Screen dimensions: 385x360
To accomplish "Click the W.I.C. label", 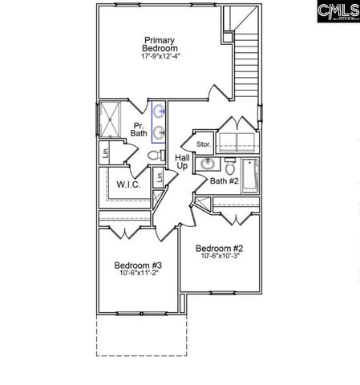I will click(x=128, y=184).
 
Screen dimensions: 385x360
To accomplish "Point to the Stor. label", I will click(x=204, y=144).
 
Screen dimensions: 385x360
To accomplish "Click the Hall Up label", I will click(x=182, y=161).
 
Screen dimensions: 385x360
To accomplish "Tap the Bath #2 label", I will click(x=224, y=181).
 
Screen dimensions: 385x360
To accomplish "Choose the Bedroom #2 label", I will click(x=220, y=249).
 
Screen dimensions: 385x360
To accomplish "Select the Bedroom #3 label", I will click(x=138, y=265).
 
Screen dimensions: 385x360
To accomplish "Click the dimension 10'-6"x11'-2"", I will click(x=138, y=276).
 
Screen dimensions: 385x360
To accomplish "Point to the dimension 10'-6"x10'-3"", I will click(x=220, y=258).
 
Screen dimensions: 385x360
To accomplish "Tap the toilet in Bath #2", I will click(x=231, y=167).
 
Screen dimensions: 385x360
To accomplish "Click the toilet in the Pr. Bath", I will click(x=161, y=154).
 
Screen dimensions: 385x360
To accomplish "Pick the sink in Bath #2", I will click(x=208, y=164).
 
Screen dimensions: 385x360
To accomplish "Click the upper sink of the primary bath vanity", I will click(x=158, y=111).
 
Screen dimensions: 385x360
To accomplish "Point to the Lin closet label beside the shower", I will click(x=106, y=151).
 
